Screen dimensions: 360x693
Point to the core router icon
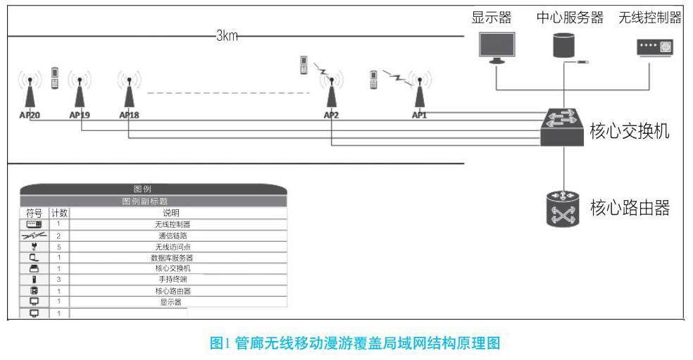563,208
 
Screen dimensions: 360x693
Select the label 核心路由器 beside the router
629,208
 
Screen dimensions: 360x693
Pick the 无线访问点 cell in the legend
173,247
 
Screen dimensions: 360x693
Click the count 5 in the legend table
58,247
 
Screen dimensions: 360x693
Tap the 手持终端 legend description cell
173,280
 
